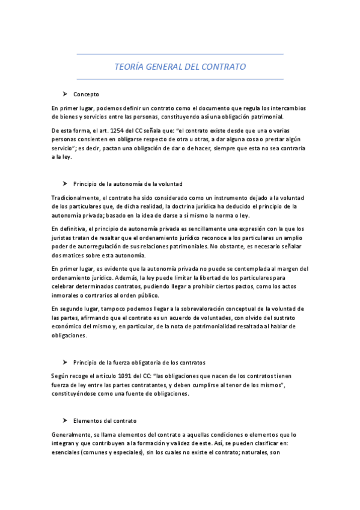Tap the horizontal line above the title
180,55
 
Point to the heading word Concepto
86,95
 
